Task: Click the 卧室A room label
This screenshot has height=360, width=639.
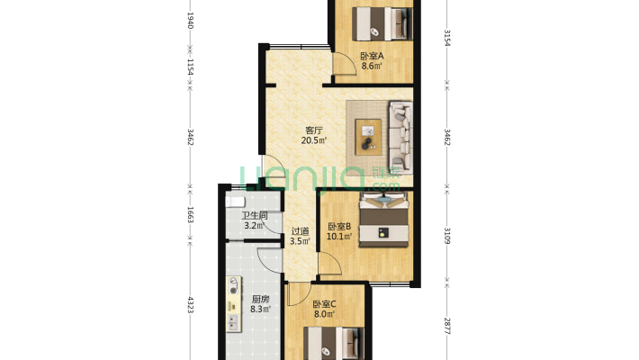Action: [x=372, y=56]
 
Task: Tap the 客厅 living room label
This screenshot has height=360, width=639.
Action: [x=314, y=130]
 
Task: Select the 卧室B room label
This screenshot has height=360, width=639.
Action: [x=339, y=227]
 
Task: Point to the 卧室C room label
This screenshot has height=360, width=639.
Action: [x=324, y=304]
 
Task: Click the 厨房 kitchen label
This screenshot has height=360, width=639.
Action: [x=260, y=300]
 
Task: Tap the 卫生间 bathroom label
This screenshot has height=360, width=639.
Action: [x=255, y=216]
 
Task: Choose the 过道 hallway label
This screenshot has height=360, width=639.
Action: [x=300, y=231]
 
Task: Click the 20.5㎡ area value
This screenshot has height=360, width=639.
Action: [x=314, y=140]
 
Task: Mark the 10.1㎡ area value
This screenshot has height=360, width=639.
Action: [x=339, y=237]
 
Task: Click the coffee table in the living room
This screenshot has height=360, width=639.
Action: [x=368, y=137]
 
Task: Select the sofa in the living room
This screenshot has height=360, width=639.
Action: [x=400, y=137]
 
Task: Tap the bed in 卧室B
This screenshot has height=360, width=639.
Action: [x=383, y=220]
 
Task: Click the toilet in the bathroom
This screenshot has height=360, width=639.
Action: [x=235, y=202]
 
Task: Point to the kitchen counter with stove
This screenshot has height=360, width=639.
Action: [x=234, y=304]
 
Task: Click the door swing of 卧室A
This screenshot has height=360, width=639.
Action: [x=345, y=64]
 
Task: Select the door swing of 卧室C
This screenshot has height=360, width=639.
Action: [x=299, y=294]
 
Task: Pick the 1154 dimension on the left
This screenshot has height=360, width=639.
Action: [x=190, y=67]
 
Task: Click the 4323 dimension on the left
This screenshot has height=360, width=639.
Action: [x=190, y=304]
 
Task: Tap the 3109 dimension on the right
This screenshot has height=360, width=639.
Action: [x=447, y=236]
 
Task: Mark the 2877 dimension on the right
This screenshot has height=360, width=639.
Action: [x=447, y=326]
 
